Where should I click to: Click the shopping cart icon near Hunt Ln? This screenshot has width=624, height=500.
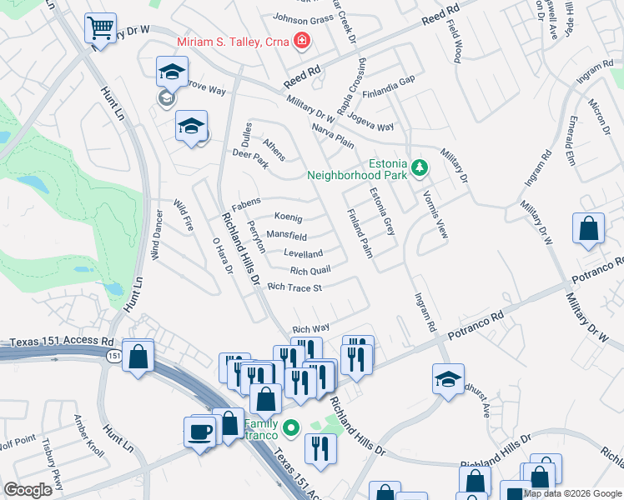(100, 28)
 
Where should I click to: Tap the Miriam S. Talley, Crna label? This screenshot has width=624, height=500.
(231, 42)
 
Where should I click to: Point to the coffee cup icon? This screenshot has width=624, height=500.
(199, 432)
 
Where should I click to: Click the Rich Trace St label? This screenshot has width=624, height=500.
(294, 287)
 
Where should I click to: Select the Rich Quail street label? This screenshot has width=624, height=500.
(310, 270)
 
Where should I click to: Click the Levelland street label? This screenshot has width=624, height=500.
(303, 253)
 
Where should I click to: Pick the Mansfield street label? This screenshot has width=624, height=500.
(286, 237)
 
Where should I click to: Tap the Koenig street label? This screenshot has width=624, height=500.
(282, 217)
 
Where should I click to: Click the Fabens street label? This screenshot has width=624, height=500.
(246, 201)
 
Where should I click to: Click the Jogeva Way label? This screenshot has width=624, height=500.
(370, 122)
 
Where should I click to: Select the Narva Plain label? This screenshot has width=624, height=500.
(333, 134)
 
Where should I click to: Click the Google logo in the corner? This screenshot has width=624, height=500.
(28, 490)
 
